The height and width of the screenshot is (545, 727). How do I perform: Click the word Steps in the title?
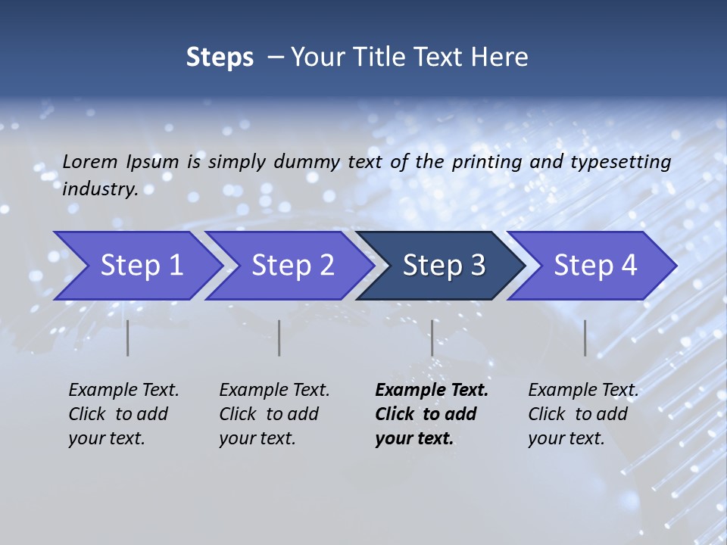pyautogui.click(x=220, y=58)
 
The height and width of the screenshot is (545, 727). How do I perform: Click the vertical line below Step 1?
pyautogui.click(x=128, y=338)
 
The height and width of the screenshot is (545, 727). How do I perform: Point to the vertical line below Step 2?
pyautogui.click(x=279, y=338)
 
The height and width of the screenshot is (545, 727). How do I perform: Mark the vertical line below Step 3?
pyautogui.click(x=432, y=338)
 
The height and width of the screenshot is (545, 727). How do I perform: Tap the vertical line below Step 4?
pyautogui.click(x=585, y=338)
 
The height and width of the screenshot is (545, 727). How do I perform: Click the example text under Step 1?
pyautogui.click(x=123, y=414)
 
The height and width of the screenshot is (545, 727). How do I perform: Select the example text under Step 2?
pyautogui.click(x=274, y=414)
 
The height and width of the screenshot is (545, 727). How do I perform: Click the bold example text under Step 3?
pyautogui.click(x=431, y=414)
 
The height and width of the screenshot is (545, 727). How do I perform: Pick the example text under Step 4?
pyautogui.click(x=583, y=414)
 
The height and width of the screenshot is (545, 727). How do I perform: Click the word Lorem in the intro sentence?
pyautogui.click(x=89, y=162)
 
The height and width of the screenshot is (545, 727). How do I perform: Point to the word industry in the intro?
pyautogui.click(x=99, y=189)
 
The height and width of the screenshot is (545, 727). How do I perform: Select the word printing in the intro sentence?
pyautogui.click(x=487, y=162)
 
